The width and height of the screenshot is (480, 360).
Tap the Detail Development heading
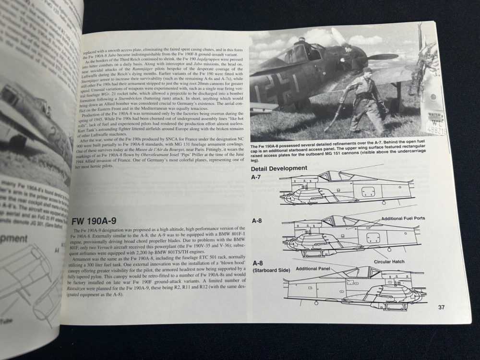(x=279, y=168)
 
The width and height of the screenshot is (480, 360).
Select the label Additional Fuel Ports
(x=403, y=218)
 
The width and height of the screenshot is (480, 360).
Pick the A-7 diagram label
(x=256, y=178)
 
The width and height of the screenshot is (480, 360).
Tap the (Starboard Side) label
(x=271, y=271)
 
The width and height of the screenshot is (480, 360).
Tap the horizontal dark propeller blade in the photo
(x=382, y=57)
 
